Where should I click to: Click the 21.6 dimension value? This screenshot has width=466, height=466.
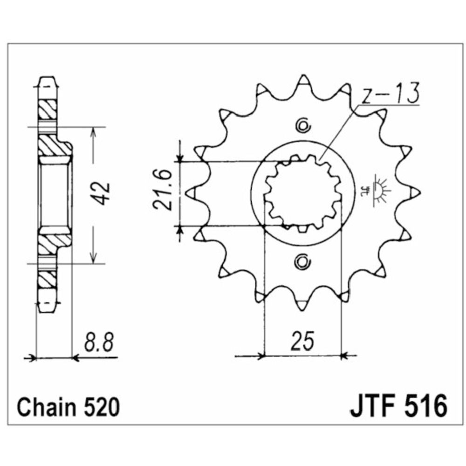coord(163,190)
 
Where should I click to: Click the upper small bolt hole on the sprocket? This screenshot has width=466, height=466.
coord(303,126)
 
